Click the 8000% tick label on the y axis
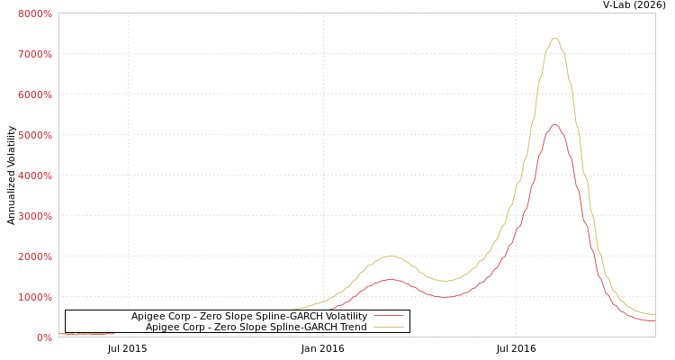(x=34, y=13)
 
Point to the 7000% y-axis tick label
(x=34, y=54)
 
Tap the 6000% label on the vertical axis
(x=34, y=94)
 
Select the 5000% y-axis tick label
(x=34, y=135)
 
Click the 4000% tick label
(x=34, y=175)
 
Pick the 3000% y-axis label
(x=34, y=216)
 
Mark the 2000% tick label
(x=34, y=256)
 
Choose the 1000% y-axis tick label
(x=34, y=297)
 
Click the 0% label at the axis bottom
(x=44, y=337)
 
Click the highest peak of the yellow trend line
(x=554, y=39)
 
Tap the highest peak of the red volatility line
(x=554, y=125)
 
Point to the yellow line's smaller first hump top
(x=390, y=256)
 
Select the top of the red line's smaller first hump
(x=390, y=280)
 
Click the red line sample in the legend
(x=388, y=316)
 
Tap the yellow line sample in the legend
(x=388, y=327)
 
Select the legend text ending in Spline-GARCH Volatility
(x=249, y=316)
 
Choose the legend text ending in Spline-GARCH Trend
(x=256, y=327)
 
